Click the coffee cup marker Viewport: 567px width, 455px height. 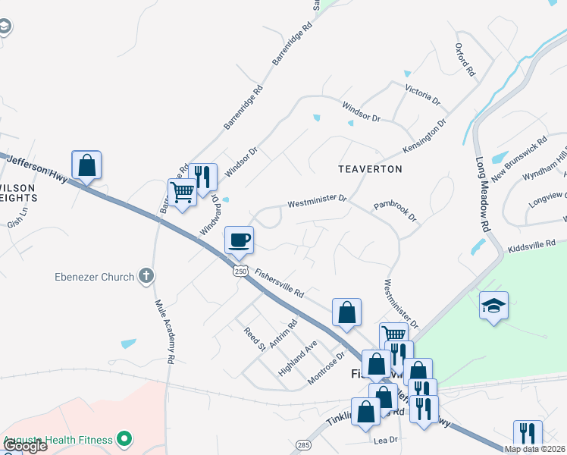click(239, 240)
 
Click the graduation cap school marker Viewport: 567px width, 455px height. click(493, 306)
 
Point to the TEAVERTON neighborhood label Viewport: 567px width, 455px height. click(370, 168)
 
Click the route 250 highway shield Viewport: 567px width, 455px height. click(240, 271)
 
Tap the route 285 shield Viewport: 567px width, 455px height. click(303, 444)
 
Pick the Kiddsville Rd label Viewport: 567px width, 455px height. click(532, 244)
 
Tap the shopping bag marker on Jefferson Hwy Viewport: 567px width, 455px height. click(86, 165)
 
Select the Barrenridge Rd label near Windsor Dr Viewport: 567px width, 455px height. click(243, 106)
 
